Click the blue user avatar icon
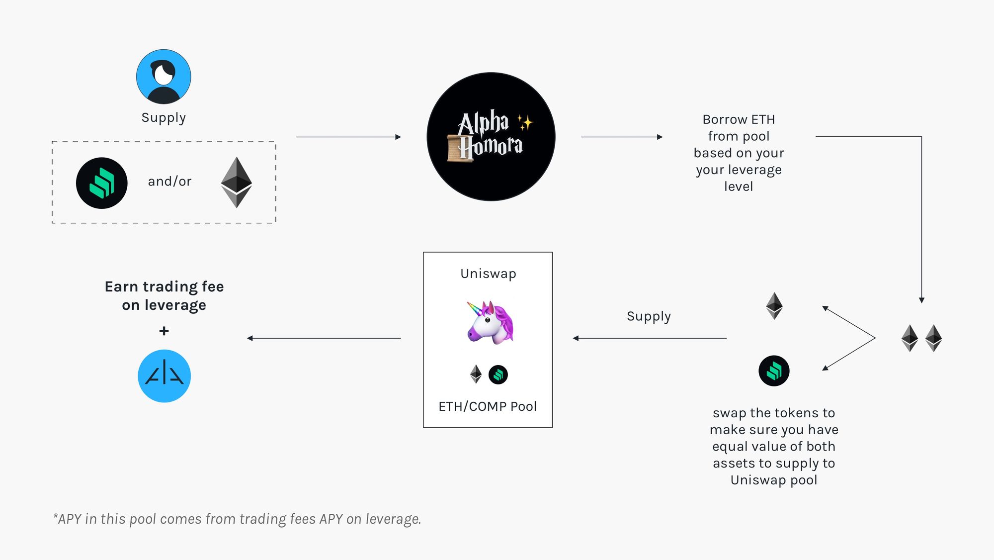coord(164,77)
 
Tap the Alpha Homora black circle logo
coord(491,137)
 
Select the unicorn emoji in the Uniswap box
coord(490,322)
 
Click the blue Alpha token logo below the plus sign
coord(164,376)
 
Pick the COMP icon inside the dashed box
coord(102,183)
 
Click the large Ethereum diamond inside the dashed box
coord(237,182)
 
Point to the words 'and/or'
coord(169,182)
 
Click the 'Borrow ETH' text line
coord(739,120)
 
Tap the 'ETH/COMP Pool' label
coord(488,406)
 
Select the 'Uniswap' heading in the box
coord(488,274)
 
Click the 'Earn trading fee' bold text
coord(164,287)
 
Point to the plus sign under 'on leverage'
coord(164,331)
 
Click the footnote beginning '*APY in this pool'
coord(237,519)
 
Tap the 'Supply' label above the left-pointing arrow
coord(649,316)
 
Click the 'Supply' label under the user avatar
coord(164,118)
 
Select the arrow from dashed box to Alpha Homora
coord(348,137)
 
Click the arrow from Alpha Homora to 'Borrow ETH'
coord(621,137)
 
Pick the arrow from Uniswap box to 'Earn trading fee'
coord(324,338)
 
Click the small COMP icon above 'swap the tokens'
coord(774,371)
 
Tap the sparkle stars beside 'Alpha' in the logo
coord(525,122)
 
